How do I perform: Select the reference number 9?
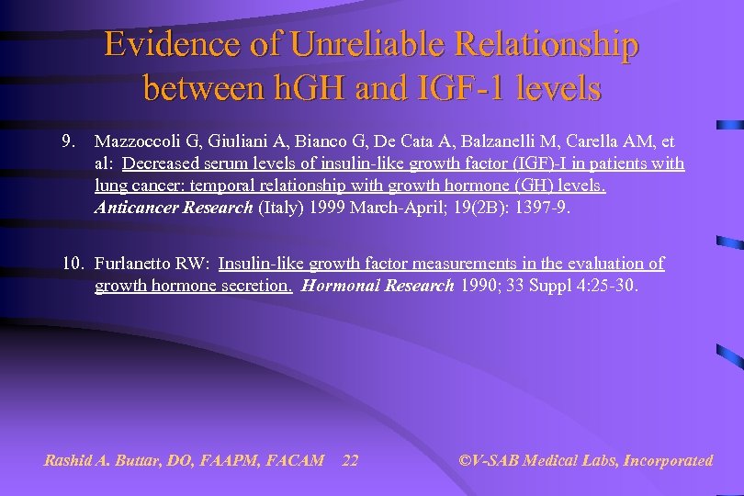click(x=67, y=141)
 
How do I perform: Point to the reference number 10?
click(x=73, y=264)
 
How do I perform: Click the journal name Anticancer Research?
click(x=173, y=208)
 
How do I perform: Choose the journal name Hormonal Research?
click(x=378, y=286)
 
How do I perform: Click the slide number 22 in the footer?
click(x=350, y=460)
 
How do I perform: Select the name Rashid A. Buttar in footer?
click(x=103, y=460)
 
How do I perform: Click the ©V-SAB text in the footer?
click(x=491, y=460)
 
